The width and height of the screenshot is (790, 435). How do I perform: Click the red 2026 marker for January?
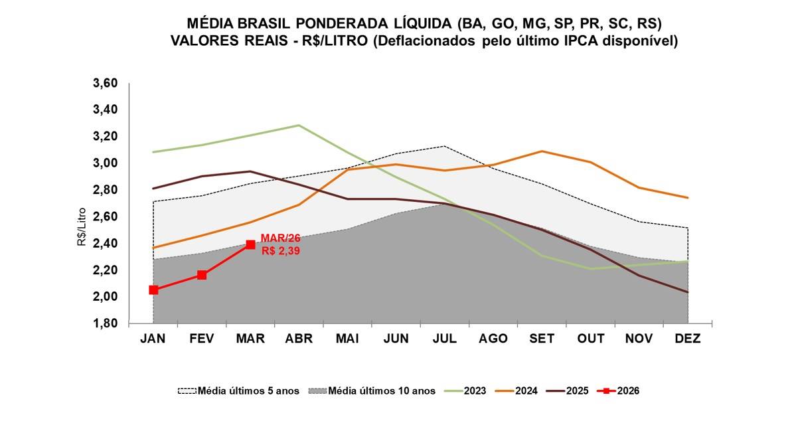click(153, 290)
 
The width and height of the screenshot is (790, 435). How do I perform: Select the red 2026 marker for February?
click(202, 275)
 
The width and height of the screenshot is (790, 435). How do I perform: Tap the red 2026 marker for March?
click(250, 244)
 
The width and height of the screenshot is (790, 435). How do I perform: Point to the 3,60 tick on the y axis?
click(104, 83)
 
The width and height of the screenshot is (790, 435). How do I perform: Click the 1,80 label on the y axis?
click(104, 323)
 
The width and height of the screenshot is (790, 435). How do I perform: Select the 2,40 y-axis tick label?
click(104, 243)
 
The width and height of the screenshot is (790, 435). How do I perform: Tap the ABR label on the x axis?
click(299, 339)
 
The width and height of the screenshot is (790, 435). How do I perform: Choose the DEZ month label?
click(687, 339)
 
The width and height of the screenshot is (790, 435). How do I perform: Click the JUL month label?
click(444, 339)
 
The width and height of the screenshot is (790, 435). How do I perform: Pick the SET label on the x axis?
click(542, 339)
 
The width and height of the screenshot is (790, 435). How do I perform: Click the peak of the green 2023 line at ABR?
click(299, 125)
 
